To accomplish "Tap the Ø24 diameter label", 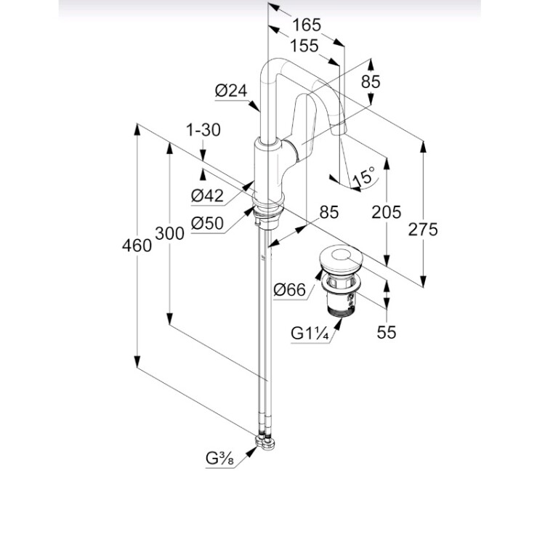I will pyautogui.click(x=232, y=91).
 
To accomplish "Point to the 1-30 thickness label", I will pyautogui.click(x=203, y=130).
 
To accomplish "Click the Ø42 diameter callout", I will pyautogui.click(x=207, y=195).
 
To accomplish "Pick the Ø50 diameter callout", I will pyautogui.click(x=207, y=224).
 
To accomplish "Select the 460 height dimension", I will pyautogui.click(x=137, y=246).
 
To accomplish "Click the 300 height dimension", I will pyautogui.click(x=169, y=234).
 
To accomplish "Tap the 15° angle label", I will pyautogui.click(x=363, y=175).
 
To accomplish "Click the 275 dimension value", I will pyautogui.click(x=424, y=230).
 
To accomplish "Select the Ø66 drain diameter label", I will pyautogui.click(x=289, y=291).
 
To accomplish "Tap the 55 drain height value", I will pyautogui.click(x=387, y=332).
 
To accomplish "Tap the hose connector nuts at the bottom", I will pyautogui.click(x=267, y=440).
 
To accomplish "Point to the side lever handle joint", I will pyautogui.click(x=293, y=153).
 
